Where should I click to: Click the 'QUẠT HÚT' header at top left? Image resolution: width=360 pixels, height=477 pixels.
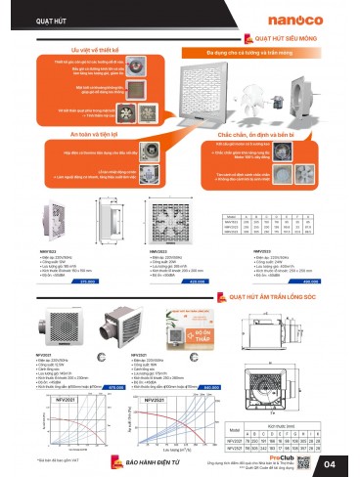coord(36,16)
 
